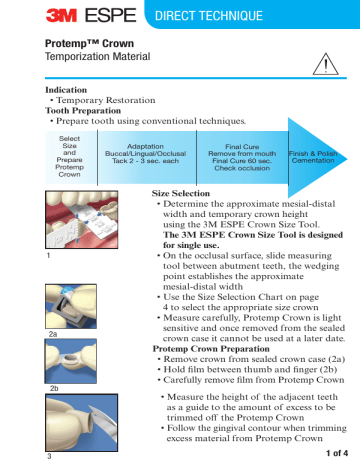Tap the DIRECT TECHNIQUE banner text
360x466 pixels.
(x=224, y=19)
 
